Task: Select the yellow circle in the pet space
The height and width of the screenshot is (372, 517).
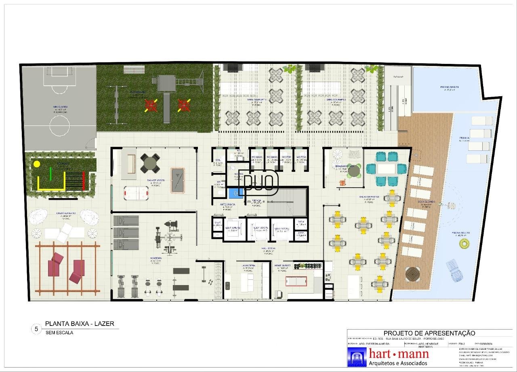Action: click(37, 164)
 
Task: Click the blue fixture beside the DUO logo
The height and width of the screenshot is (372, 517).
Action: click(233, 194)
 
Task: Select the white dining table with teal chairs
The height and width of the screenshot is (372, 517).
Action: click(385, 169)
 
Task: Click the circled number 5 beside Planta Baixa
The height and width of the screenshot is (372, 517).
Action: click(36, 329)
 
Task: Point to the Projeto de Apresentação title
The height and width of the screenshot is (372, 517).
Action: click(429, 333)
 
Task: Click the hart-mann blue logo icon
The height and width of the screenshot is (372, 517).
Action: click(357, 357)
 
